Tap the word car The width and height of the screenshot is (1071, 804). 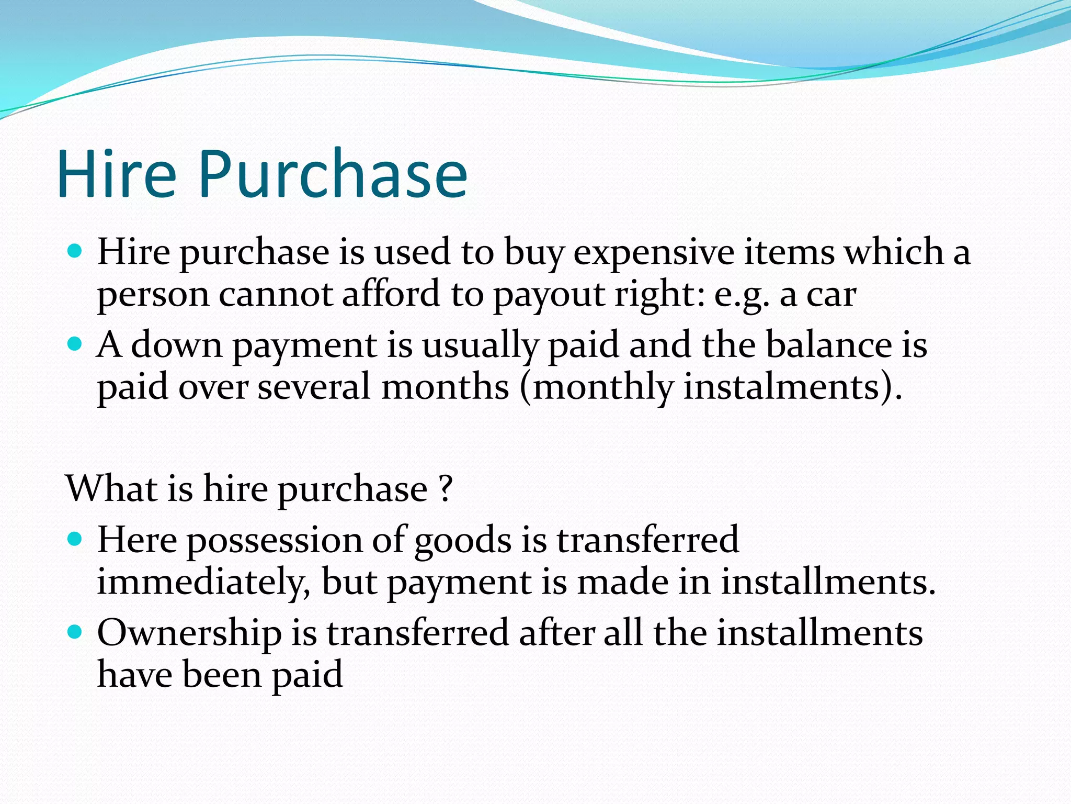pos(831,295)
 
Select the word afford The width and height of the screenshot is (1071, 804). pos(391,294)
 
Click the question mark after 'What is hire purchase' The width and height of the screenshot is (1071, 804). pos(446,489)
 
